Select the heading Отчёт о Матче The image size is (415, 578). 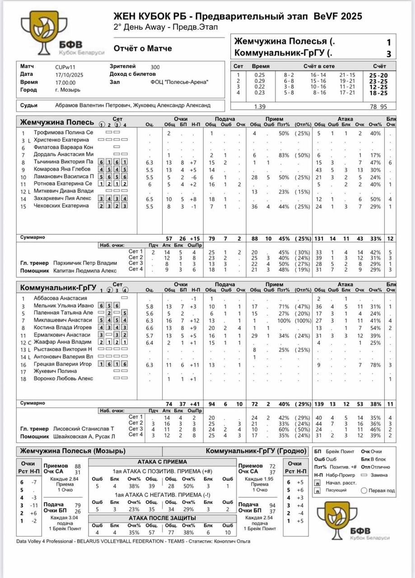pos(143,48)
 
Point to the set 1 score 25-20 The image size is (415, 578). pos(378,75)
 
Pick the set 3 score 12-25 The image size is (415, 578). pos(378,87)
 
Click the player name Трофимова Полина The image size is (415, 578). pos(63,133)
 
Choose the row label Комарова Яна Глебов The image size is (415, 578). pos(63,169)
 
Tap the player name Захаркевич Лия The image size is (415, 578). pos(63,198)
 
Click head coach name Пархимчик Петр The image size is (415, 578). pos(85,263)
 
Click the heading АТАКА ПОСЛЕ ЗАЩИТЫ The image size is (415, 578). pos(162,517)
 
